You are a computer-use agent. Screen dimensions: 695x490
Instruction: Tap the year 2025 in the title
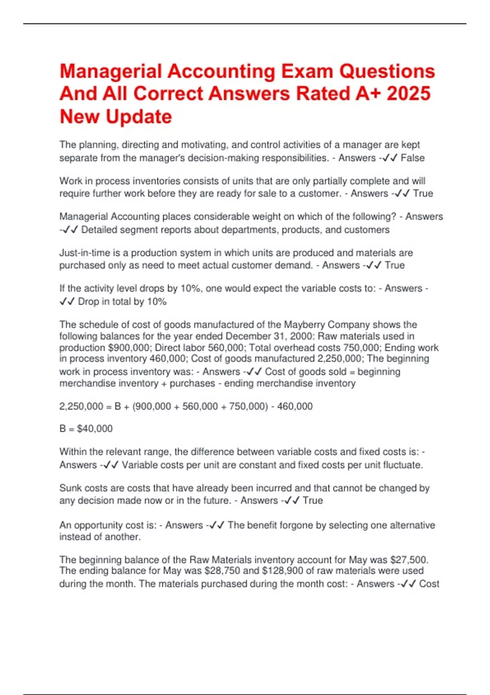pos(408,94)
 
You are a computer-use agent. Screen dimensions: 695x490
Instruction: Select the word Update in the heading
pos(139,117)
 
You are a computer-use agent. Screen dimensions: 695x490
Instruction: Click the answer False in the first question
pos(412,158)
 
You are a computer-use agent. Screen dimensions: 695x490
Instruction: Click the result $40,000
pos(95,429)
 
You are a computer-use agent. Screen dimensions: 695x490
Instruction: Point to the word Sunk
pos(69,488)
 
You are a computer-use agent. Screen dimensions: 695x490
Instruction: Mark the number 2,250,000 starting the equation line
pos(81,407)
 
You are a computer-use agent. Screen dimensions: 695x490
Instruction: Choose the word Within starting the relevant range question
pos(71,452)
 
